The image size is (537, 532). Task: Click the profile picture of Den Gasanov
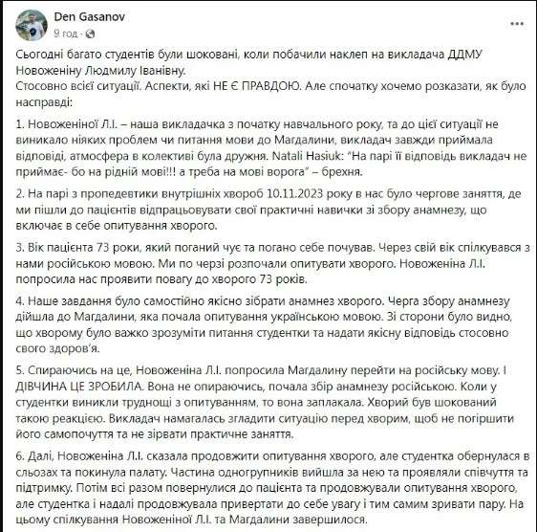click(x=21, y=22)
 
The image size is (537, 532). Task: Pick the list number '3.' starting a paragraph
click(x=22, y=246)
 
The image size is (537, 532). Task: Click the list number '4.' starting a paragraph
click(x=22, y=299)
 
